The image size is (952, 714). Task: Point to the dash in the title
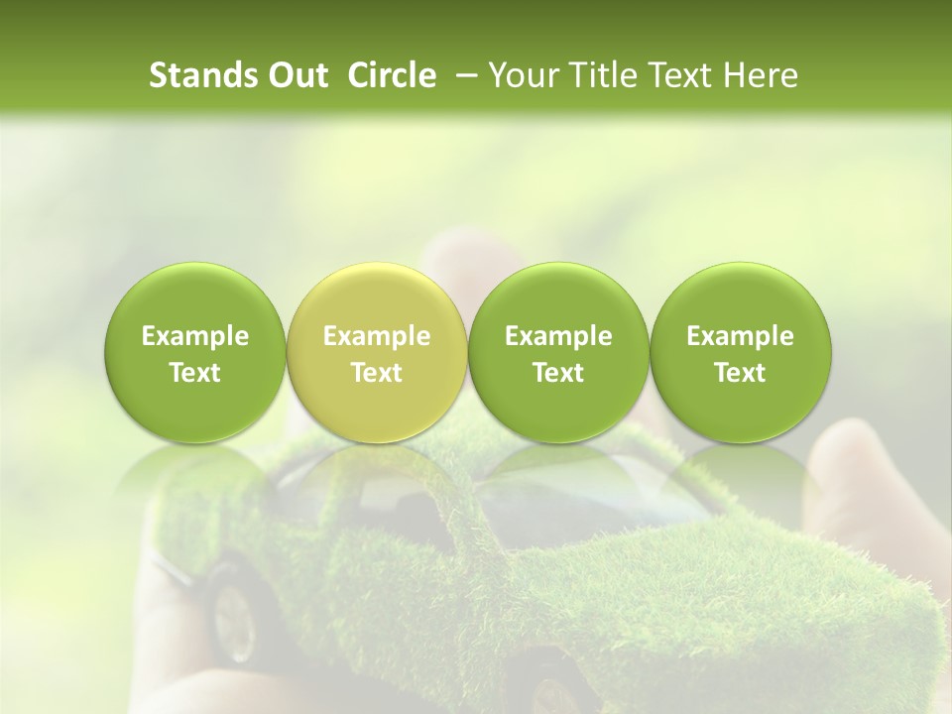461,75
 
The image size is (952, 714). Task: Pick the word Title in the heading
593,75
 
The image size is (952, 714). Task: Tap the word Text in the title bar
670,75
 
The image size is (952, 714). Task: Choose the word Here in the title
759,75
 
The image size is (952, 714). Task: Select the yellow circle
377,353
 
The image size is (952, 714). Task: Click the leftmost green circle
195,353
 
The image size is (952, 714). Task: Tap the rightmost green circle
740,353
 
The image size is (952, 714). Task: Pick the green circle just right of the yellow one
558,353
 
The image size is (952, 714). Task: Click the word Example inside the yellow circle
377,336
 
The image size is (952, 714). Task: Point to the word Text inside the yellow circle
377,373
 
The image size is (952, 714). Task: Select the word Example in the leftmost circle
195,336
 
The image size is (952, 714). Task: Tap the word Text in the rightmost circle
740,373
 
